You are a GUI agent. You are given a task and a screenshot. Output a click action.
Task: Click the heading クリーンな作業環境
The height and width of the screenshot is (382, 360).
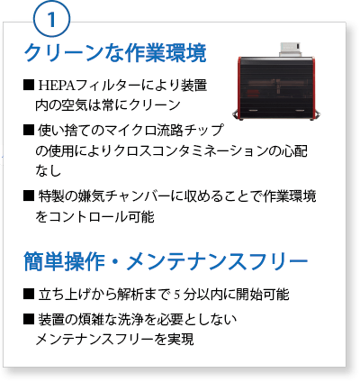[x=115, y=53]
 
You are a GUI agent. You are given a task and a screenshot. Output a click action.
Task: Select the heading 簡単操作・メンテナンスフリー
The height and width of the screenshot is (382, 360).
[x=166, y=261]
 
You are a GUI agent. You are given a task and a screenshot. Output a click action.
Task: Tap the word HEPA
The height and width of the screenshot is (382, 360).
[x=57, y=86]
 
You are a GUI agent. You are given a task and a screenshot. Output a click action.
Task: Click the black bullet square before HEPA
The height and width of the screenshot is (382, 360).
[x=29, y=86]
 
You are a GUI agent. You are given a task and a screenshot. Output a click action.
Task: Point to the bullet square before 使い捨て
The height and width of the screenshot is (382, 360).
[x=29, y=130]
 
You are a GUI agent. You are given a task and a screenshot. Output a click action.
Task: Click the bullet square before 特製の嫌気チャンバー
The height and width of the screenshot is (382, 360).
[x=29, y=196]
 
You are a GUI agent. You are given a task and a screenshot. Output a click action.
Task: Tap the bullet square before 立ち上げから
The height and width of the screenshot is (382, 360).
[x=29, y=294]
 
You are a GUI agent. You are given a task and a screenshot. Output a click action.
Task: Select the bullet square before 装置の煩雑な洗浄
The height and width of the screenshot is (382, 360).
[x=29, y=319]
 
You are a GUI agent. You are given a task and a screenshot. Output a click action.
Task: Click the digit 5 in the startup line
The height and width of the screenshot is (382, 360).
[x=177, y=295]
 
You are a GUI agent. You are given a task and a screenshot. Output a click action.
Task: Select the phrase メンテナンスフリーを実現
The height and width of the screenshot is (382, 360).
[x=114, y=340]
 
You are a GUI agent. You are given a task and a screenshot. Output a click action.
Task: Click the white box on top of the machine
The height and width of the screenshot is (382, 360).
[x=290, y=50]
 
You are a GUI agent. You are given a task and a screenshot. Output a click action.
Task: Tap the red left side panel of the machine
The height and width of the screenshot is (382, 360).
[x=240, y=87]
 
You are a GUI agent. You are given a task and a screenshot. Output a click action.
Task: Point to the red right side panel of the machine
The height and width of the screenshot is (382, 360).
[x=313, y=87]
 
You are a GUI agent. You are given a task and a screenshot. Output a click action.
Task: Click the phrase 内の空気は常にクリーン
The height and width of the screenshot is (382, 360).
[x=108, y=105]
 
